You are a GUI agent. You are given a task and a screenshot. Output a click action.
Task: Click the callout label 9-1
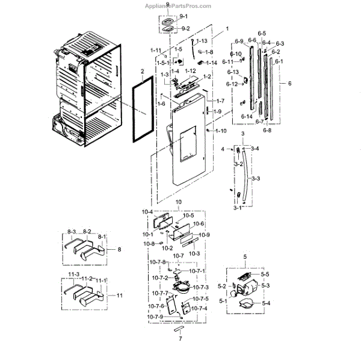[184, 16]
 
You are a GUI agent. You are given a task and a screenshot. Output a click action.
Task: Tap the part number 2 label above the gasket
[141, 71]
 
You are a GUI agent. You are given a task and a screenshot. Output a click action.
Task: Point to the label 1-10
[221, 131]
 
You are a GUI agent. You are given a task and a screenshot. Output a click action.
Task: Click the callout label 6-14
[247, 115]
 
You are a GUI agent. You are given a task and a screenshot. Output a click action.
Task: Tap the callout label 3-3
[255, 178]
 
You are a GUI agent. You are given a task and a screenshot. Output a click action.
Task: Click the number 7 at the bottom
[180, 339]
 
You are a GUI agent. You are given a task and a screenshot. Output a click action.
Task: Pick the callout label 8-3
[73, 231]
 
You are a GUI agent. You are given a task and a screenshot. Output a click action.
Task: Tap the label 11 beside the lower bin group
[120, 295]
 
